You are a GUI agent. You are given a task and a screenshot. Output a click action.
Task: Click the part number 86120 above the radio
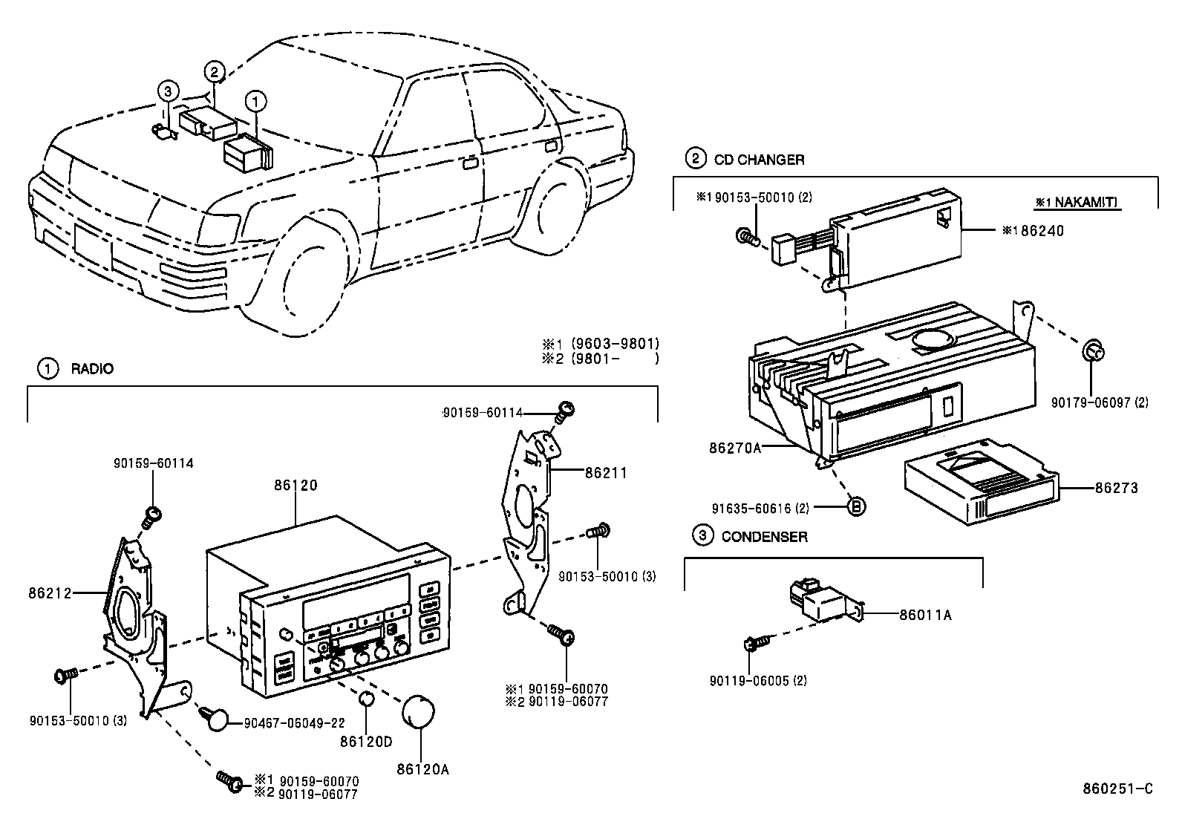295,486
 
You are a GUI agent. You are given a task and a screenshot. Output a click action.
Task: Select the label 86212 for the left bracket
50,593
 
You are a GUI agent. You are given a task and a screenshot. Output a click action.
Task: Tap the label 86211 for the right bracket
606,471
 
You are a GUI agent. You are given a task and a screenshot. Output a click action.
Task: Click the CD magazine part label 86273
1116,488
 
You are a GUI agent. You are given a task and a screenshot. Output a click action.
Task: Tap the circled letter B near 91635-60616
856,508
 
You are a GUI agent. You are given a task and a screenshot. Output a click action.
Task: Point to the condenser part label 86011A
925,614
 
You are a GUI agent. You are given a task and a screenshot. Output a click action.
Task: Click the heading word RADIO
92,368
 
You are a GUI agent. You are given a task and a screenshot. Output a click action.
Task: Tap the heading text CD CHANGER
759,159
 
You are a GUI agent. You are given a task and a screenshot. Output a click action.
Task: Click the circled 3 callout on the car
168,91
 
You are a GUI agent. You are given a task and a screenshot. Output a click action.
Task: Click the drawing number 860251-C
1118,789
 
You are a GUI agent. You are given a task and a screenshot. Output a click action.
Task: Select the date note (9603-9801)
615,344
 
